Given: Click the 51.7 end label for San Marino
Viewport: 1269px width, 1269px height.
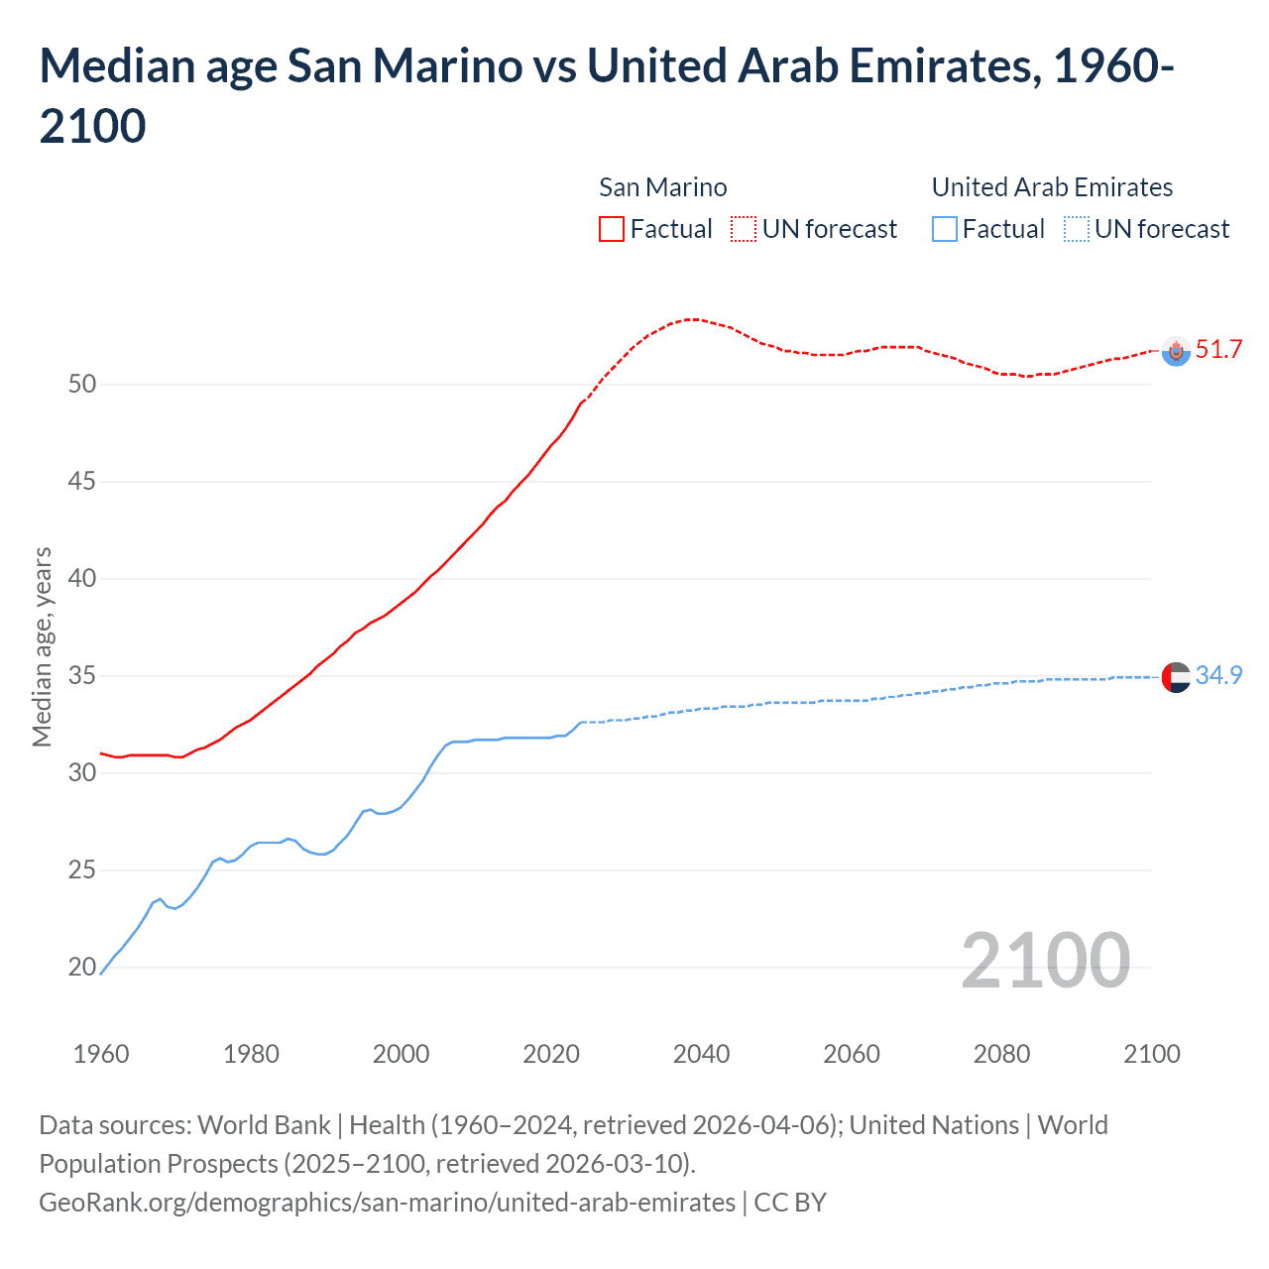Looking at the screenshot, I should (x=1218, y=349).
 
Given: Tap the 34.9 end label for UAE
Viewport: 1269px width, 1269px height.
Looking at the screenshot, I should (x=1218, y=675).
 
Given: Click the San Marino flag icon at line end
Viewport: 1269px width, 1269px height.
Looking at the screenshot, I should (x=1176, y=351).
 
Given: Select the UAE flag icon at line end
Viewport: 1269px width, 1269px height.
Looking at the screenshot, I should (x=1176, y=677).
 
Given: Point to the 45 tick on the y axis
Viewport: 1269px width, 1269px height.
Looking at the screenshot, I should (x=82, y=482).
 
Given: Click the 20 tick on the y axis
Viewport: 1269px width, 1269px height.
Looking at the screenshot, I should (x=82, y=968).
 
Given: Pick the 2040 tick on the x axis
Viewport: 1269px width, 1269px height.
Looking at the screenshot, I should (x=701, y=1054).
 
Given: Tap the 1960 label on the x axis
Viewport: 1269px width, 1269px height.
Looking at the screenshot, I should (x=101, y=1054).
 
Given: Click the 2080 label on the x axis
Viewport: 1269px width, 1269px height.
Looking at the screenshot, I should (x=1001, y=1054).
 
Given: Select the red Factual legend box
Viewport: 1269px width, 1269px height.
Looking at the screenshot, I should (x=612, y=229).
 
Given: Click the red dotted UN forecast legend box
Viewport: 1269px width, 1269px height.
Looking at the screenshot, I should (x=744, y=229).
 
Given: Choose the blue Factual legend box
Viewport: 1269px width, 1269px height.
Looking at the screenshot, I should (x=945, y=229).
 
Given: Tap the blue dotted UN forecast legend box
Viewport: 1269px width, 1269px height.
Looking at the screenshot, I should (x=1077, y=229).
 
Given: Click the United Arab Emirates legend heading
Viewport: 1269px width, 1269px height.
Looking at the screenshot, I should (x=1052, y=187).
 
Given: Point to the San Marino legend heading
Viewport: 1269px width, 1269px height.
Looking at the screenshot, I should (x=662, y=187).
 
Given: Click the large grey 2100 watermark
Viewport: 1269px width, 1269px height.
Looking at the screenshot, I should (x=1045, y=960).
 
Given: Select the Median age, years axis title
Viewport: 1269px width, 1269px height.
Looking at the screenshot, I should (x=42, y=646).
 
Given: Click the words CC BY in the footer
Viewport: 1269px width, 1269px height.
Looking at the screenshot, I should (x=790, y=1203).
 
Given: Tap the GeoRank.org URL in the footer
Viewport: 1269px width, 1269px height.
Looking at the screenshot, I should (x=387, y=1203).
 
